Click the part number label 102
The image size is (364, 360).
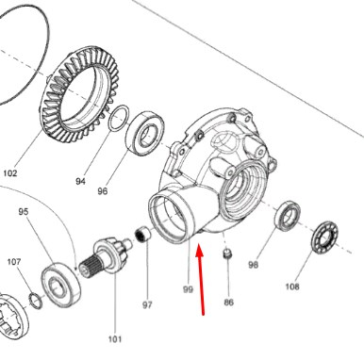click(10, 173)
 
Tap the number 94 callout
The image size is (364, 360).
click(80, 181)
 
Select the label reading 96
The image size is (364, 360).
click(103, 191)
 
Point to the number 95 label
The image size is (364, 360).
click(24, 212)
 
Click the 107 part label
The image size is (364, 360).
click(14, 261)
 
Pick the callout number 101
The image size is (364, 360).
click(115, 339)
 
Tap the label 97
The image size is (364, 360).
click(147, 304)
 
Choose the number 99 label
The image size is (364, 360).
click(188, 289)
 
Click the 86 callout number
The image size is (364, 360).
click(229, 303)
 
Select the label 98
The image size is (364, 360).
click(253, 265)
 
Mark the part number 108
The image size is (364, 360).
click(292, 286)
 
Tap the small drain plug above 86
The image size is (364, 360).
click(227, 254)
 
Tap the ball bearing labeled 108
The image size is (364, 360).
click(325, 237)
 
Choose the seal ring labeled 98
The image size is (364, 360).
click(288, 216)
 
